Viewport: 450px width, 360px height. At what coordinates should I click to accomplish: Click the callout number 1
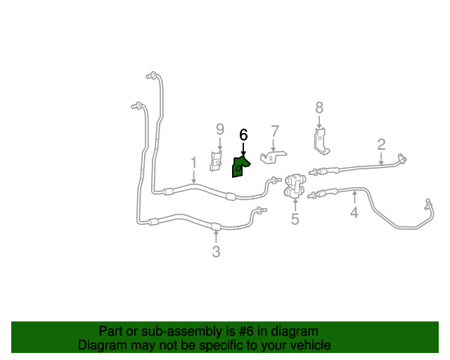pyautogui.click(x=193, y=163)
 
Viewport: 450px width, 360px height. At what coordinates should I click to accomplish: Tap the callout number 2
pyautogui.click(x=381, y=145)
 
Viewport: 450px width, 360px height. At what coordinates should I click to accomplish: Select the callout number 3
pyautogui.click(x=216, y=252)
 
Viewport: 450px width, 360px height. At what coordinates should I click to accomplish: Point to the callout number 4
pyautogui.click(x=354, y=212)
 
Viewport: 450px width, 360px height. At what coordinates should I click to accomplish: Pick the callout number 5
pyautogui.click(x=295, y=219)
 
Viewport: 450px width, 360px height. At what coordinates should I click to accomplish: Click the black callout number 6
pyautogui.click(x=243, y=134)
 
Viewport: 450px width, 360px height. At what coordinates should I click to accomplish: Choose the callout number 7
pyautogui.click(x=274, y=131)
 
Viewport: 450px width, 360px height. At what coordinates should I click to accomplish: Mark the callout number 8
pyautogui.click(x=319, y=108)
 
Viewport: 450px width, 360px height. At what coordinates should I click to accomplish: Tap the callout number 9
pyautogui.click(x=219, y=129)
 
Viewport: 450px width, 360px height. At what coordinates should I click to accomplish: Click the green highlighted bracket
pyautogui.click(x=238, y=167)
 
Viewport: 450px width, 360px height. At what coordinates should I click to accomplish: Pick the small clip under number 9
pyautogui.click(x=217, y=161)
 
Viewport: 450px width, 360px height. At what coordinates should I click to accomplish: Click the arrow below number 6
pyautogui.click(x=243, y=148)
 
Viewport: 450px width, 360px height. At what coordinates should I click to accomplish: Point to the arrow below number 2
pyautogui.click(x=381, y=159)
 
